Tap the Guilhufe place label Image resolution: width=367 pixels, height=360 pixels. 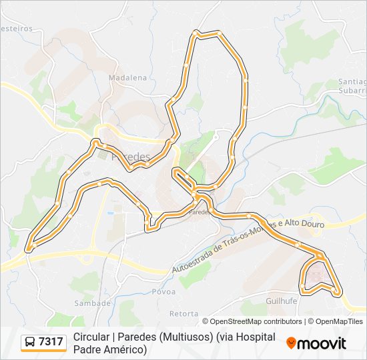point(281,301)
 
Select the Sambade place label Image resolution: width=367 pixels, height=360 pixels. point(93,303)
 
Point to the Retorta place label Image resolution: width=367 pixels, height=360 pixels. point(183,313)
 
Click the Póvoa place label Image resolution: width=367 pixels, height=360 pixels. point(163,291)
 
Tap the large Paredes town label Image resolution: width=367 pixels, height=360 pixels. point(131,157)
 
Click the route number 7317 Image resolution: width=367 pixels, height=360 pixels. point(51,342)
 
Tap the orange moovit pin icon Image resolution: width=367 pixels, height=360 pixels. point(292,343)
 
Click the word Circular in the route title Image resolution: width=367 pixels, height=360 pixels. point(93,337)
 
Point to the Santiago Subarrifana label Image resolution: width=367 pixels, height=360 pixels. point(352,86)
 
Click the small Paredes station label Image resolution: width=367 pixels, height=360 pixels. point(199,212)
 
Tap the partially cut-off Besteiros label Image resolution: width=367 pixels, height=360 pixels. point(16,29)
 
